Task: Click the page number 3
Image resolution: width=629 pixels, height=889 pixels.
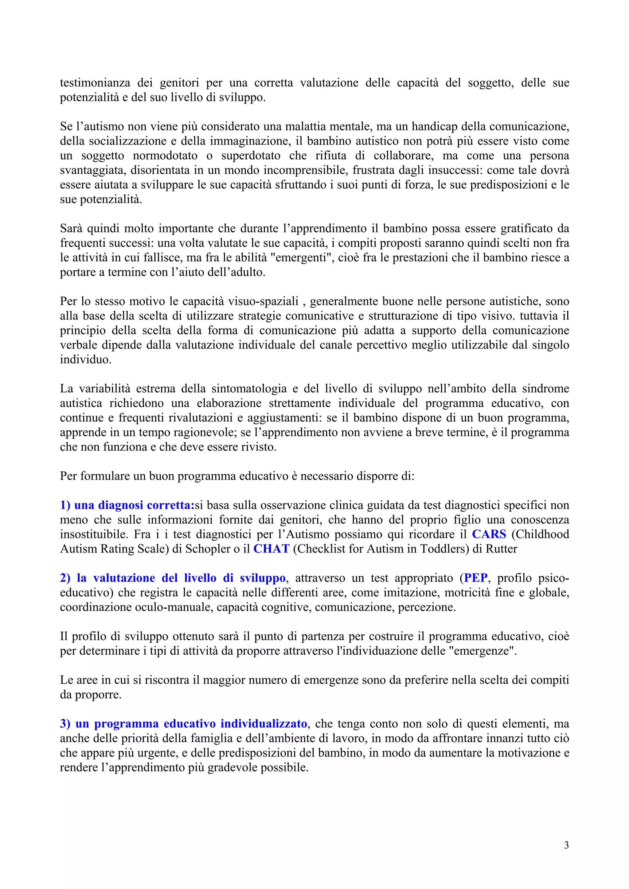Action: pyautogui.click(x=566, y=845)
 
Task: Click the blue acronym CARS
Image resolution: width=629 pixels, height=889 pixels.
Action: pyautogui.click(x=489, y=534)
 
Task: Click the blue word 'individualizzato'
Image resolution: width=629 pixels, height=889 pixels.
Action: pyautogui.click(x=264, y=723)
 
